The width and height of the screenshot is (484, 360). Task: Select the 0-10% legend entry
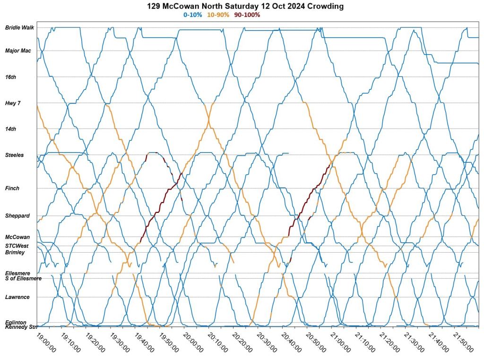193,15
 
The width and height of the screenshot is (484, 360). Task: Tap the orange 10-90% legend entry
218,15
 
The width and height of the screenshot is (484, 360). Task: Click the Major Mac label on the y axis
18,51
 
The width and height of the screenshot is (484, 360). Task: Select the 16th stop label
10,77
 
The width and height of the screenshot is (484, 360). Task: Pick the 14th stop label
10,129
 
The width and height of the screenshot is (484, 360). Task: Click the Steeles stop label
14,155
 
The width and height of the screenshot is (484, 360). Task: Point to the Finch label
12,188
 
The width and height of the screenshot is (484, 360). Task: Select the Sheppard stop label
17,216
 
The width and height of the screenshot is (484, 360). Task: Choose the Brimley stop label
15,253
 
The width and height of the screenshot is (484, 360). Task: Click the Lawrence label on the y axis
17,297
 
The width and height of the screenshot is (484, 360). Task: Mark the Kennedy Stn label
21,327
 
